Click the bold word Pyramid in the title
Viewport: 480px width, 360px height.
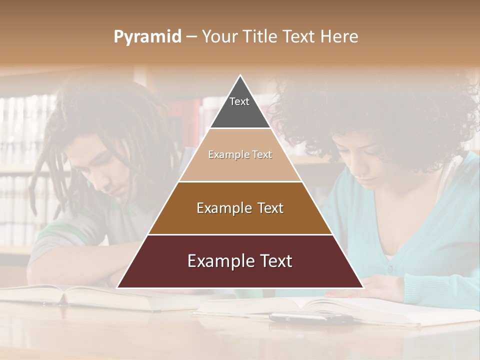[147, 37]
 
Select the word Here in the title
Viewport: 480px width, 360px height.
[340, 37]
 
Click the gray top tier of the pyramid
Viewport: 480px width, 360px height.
[240, 107]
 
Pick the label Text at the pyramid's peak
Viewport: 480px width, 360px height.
[239, 101]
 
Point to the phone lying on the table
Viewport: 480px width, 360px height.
[310, 318]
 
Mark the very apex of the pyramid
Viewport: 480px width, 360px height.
[240, 75]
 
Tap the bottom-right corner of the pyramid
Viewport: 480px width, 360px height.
[362, 287]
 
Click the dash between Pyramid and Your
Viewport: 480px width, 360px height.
[191, 37]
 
